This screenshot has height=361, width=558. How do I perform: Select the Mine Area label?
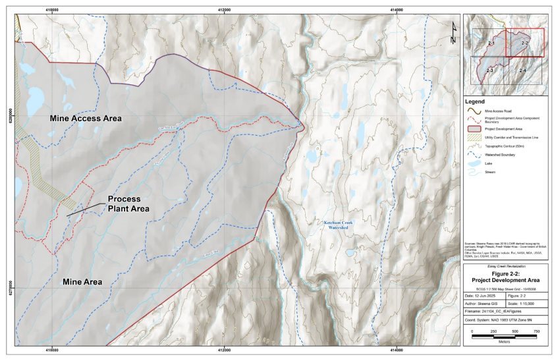[82, 281]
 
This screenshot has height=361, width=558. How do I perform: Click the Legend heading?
[475, 101]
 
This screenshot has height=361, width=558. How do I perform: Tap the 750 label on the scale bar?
[537, 331]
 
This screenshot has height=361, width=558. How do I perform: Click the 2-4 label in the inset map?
[522, 70]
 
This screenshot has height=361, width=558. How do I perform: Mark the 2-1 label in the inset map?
[490, 43]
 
